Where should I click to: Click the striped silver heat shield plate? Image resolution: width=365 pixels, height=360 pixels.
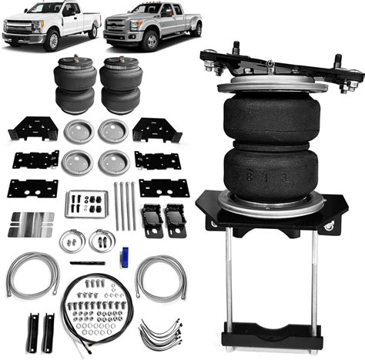(x=31, y=224)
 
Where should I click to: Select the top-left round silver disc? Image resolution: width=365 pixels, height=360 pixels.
(x=78, y=131)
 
